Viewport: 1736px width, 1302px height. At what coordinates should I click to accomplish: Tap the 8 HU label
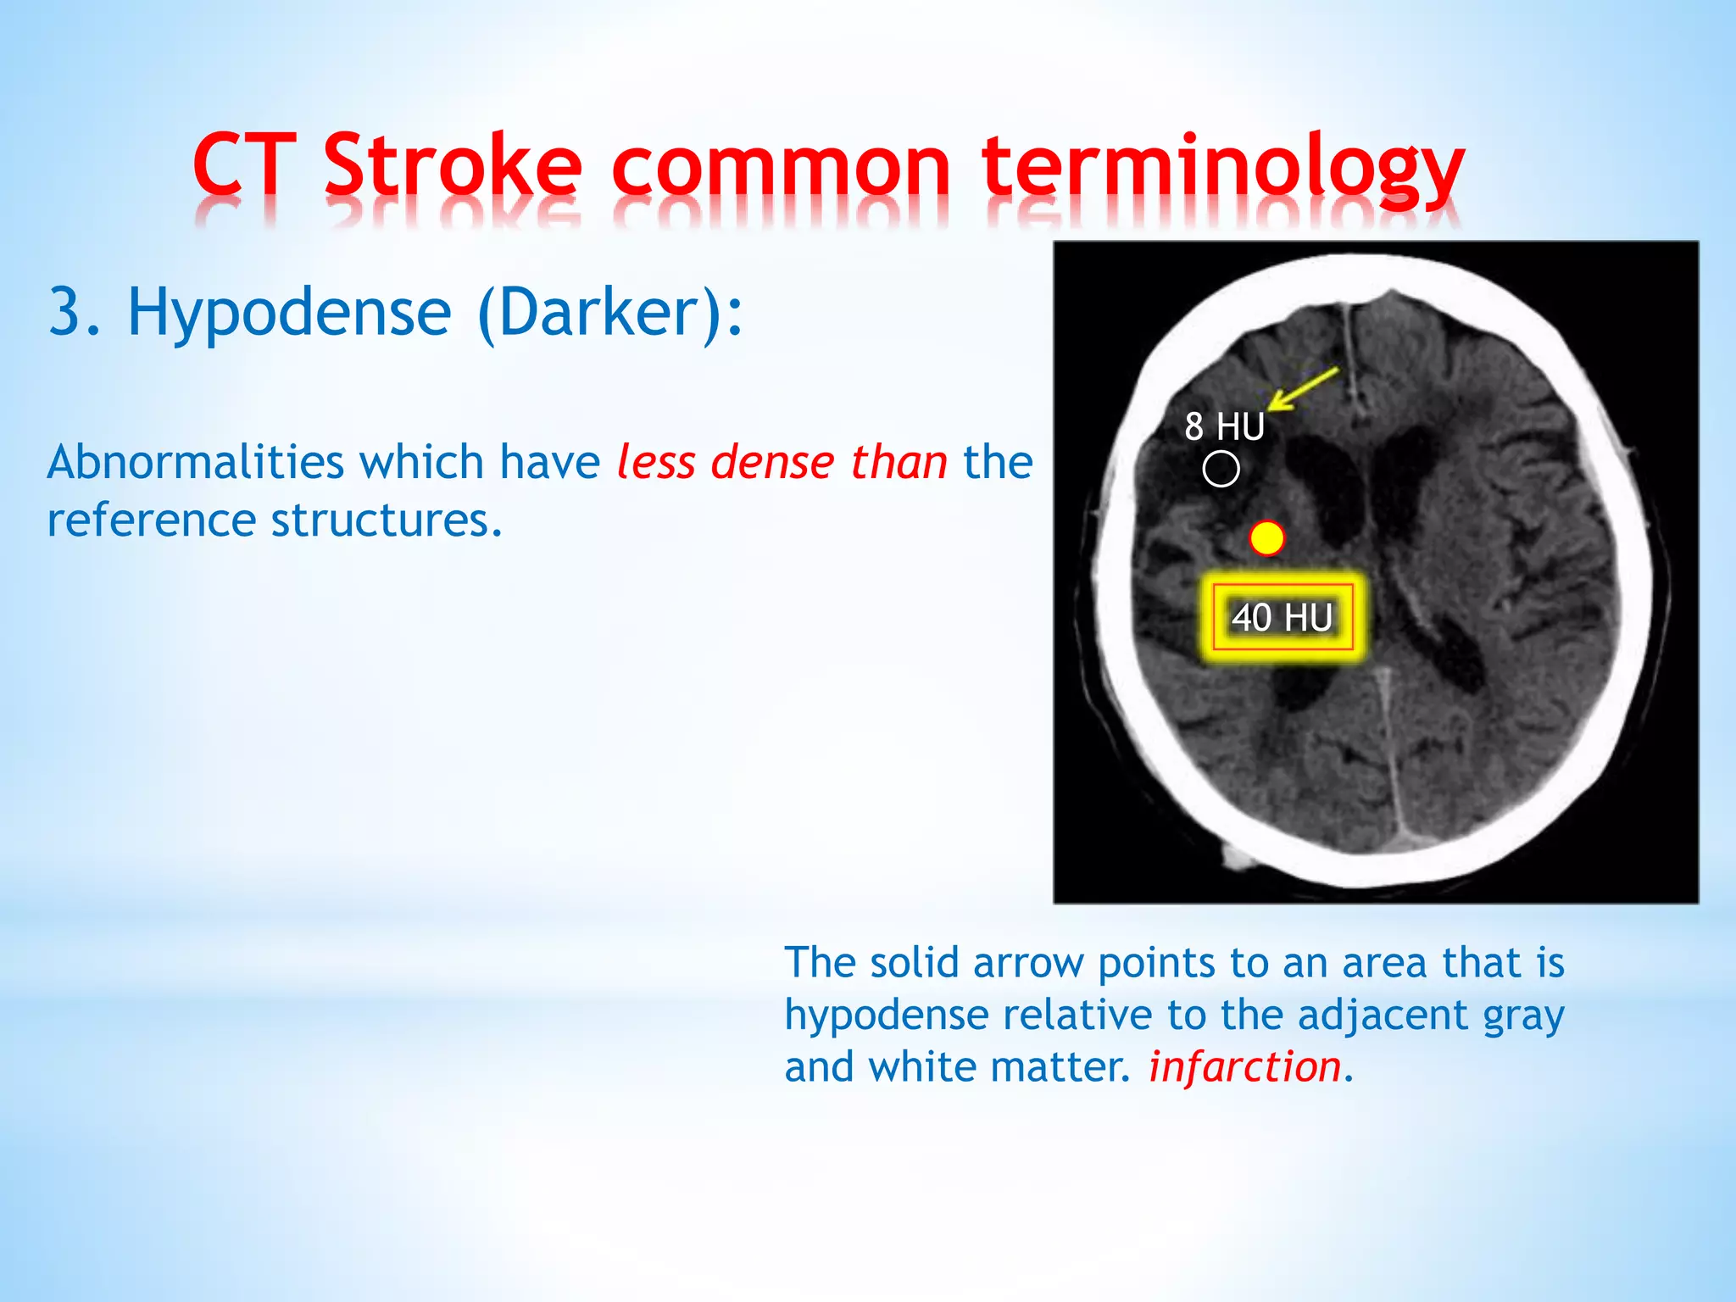point(1224,426)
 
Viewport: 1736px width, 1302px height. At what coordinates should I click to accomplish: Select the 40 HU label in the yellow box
point(1282,617)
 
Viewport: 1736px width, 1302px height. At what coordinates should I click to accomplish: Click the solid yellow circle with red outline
point(1267,538)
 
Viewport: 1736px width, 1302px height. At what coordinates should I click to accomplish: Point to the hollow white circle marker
point(1221,469)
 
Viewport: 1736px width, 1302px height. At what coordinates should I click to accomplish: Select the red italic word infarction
point(1244,1066)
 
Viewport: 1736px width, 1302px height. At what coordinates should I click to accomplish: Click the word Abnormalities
point(196,463)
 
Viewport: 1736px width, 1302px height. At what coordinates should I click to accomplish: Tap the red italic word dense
point(773,463)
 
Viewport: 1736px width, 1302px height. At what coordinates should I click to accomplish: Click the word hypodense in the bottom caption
point(885,1016)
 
